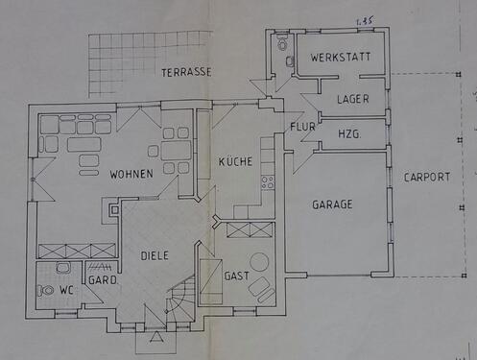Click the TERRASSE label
tap(186, 73)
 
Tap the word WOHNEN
tap(131, 174)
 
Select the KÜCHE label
tap(235, 161)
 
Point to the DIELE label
tap(155, 255)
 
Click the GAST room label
tap(237, 276)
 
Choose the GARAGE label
tap(332, 204)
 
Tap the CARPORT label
tap(427, 177)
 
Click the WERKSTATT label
tap(341, 58)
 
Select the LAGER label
tap(353, 99)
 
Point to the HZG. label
tap(349, 133)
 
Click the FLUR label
tap(302, 127)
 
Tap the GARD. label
tap(103, 280)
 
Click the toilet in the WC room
tap(46, 291)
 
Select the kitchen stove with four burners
tap(268, 182)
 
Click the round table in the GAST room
tap(259, 262)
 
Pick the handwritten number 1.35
tap(365, 21)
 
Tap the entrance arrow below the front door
tap(156, 337)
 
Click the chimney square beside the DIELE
tap(114, 210)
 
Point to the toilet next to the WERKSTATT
tap(282, 43)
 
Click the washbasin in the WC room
tap(63, 267)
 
